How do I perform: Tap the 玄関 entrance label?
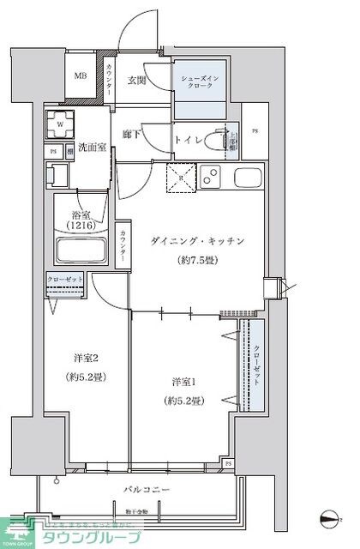pos(138,81)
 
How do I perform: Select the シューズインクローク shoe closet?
pos(201,86)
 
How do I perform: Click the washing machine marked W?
pos(60,124)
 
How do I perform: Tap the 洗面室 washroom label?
pos(92,148)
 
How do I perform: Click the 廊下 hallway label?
pos(131,134)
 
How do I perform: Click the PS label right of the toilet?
pos(255,131)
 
